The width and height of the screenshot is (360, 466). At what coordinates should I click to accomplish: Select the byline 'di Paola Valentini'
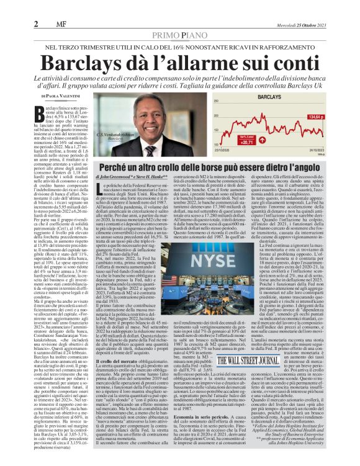61,97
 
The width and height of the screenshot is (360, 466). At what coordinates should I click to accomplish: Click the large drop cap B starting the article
42,112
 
